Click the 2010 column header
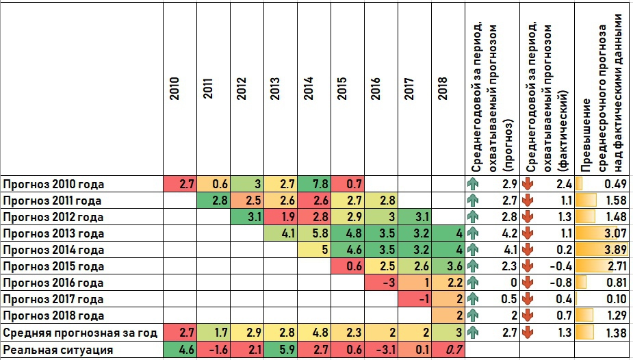click(x=175, y=88)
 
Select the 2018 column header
click(x=443, y=88)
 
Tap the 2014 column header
click(x=309, y=88)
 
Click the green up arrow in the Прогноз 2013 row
click(x=472, y=233)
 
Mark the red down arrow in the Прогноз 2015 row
click(x=527, y=266)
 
